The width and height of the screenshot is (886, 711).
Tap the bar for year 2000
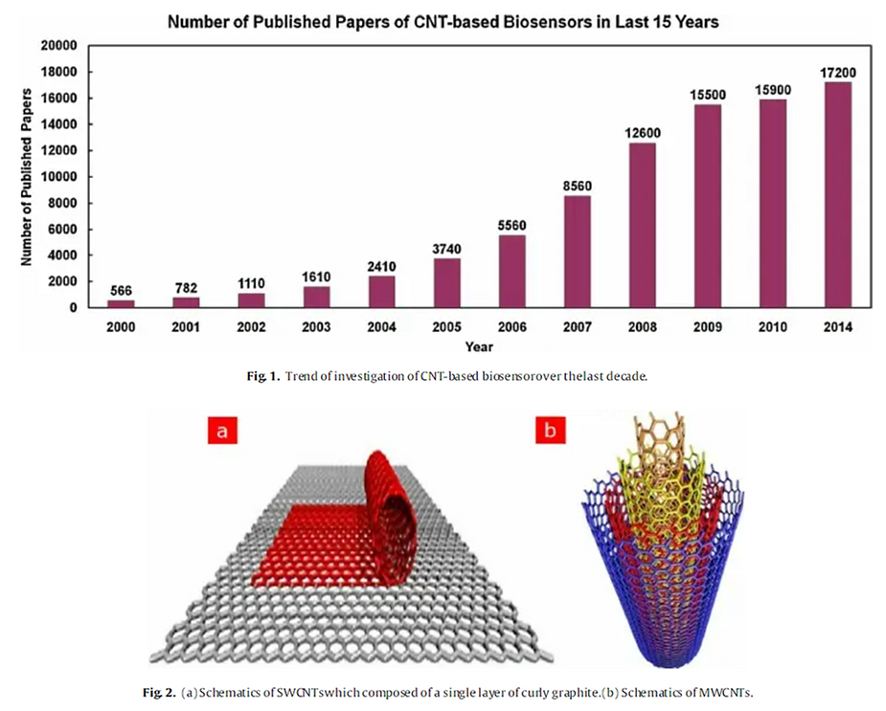pyautogui.click(x=121, y=303)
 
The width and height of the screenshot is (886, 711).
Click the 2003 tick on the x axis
pyautogui.click(x=316, y=326)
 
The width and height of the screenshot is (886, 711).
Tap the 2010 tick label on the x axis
pyautogui.click(x=772, y=326)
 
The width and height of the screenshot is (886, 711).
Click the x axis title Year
pyautogui.click(x=478, y=346)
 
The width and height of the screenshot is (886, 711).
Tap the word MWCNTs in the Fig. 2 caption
pyautogui.click(x=738, y=687)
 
